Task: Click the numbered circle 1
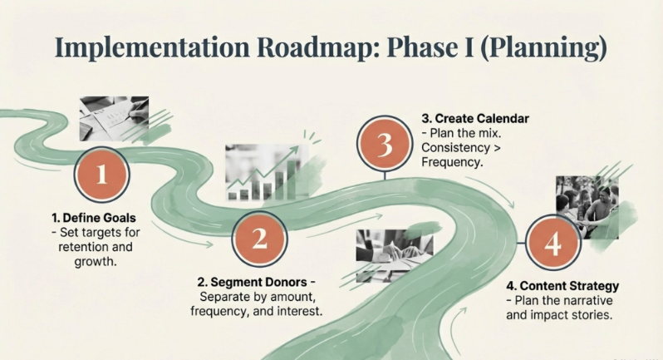[102, 175]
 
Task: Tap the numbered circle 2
[259, 240]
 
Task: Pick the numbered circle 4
[552, 244]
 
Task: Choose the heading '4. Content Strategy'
[562, 287]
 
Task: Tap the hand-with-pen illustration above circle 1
[114, 118]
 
